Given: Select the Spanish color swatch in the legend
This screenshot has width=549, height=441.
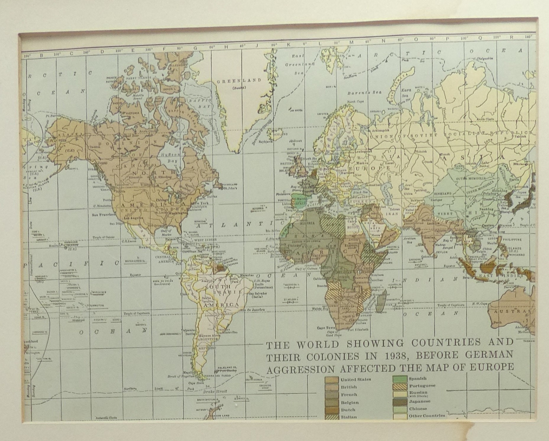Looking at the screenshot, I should point(400,379).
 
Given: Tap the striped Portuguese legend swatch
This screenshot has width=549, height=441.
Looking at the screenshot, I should point(400,386).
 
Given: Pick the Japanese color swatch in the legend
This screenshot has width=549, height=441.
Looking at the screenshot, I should point(400,402).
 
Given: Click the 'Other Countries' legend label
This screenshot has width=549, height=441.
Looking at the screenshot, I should point(427,416).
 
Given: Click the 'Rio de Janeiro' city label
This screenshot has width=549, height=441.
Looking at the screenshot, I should point(252,310).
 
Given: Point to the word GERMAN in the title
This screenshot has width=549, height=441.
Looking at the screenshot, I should point(492,355).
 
